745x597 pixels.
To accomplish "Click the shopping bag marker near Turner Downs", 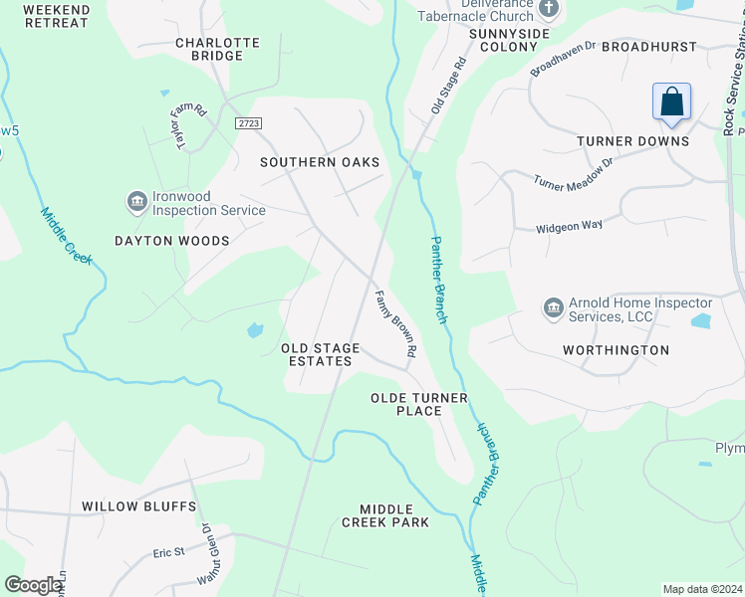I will [x=672, y=102].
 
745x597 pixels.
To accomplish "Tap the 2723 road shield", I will [x=249, y=122].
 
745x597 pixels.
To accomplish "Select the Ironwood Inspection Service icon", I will [x=137, y=203].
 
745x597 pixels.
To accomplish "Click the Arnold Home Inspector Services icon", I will [x=554, y=309].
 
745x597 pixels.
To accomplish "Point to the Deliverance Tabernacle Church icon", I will [x=548, y=9].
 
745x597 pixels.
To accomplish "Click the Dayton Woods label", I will [x=171, y=241].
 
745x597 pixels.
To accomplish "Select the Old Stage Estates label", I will [x=317, y=354].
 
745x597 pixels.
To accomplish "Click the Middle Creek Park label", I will [x=384, y=515].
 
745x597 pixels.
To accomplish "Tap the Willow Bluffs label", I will [x=138, y=506].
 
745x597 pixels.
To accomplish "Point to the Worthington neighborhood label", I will [x=616, y=350].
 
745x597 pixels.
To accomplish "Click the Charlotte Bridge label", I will [x=217, y=50].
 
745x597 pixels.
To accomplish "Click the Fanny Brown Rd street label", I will [x=394, y=324].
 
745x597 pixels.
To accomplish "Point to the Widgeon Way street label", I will [x=570, y=226].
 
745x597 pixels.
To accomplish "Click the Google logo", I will [x=33, y=585].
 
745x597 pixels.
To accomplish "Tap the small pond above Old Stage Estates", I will [x=254, y=329].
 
